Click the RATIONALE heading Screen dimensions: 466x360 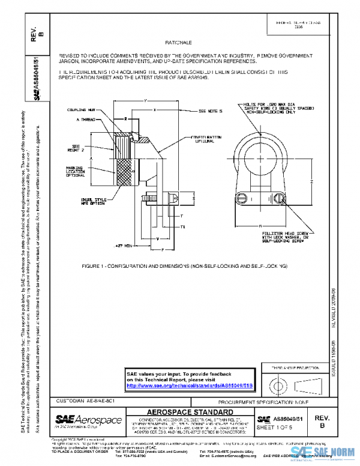coord(178,43)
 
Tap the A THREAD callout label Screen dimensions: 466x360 coord(88,120)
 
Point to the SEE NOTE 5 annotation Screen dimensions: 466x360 coord(210,111)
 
